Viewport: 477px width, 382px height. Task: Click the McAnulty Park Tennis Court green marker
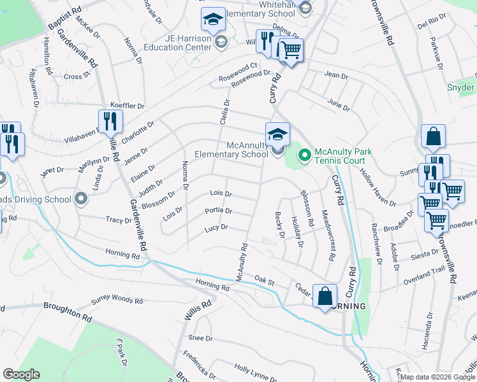point(304,154)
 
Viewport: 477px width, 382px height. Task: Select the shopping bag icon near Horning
point(325,295)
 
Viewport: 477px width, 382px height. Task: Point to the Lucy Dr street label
point(216,227)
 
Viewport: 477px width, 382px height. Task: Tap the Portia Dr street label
point(218,211)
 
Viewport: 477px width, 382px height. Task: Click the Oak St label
point(263,279)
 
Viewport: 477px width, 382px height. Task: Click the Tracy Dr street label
point(119,220)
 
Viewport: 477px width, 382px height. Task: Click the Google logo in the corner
point(21,374)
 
